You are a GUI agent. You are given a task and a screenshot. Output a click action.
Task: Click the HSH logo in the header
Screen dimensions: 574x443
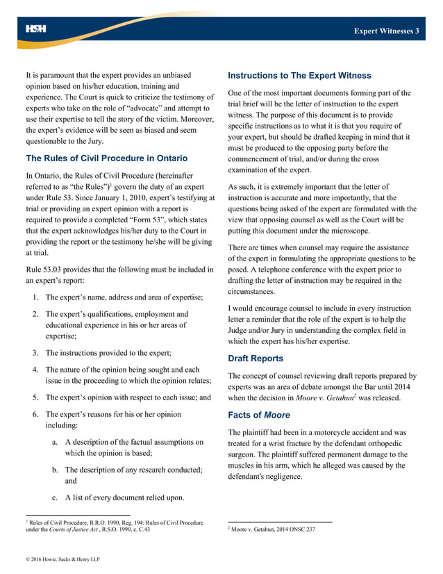35,29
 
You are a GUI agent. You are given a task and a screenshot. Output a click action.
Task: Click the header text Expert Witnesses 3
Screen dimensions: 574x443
386,31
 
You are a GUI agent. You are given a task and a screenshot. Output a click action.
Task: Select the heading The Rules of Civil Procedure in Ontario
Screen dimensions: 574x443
101,158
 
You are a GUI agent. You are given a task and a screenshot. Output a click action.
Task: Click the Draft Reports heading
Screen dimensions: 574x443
256,359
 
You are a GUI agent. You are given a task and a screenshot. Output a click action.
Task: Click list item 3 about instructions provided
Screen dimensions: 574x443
108,352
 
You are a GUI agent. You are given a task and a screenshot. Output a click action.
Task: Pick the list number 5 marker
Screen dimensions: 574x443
36,397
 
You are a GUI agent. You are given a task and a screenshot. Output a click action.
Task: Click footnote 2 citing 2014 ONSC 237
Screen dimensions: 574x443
272,530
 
